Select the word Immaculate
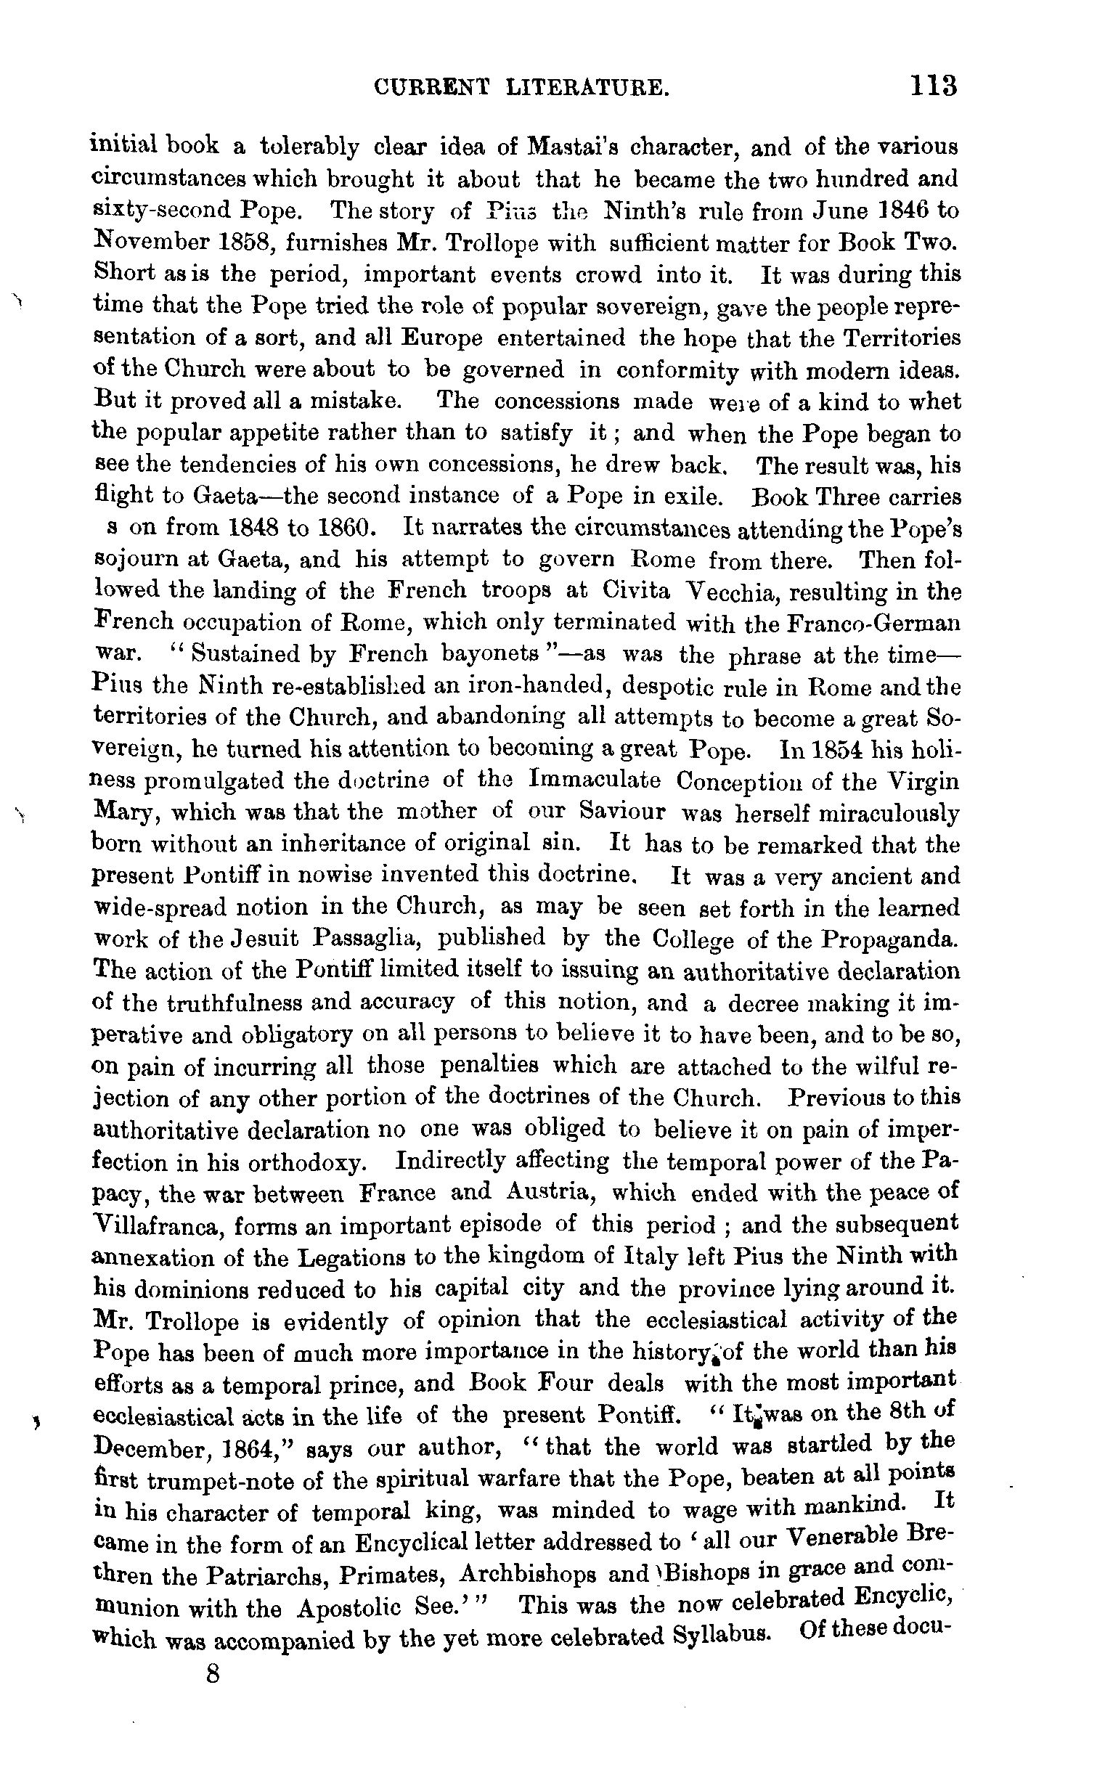[x=594, y=780]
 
